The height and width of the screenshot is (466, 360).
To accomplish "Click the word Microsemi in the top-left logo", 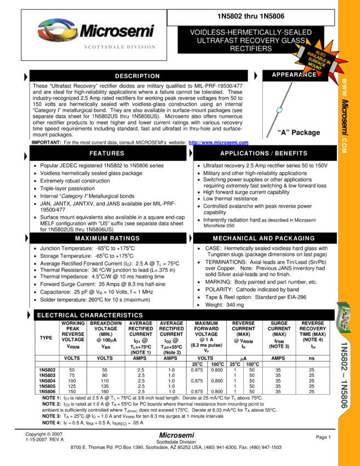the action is (117, 31).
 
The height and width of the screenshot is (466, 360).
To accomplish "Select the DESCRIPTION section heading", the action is (137, 76).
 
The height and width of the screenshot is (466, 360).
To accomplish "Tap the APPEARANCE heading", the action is (294, 75).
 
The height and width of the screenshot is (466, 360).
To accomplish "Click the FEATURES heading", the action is (107, 154).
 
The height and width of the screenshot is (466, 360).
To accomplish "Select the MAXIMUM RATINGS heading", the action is (107, 238).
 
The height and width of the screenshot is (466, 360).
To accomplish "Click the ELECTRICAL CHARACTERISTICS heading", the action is (90, 316).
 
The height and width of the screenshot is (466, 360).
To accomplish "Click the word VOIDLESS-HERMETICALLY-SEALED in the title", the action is (250, 32).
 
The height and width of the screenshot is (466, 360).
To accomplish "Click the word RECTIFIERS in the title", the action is (250, 49).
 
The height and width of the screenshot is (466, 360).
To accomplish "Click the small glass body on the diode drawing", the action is (279, 110).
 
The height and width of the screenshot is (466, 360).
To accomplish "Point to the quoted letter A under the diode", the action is (284, 132).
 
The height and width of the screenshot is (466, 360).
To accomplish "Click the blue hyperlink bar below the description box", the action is (219, 143).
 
